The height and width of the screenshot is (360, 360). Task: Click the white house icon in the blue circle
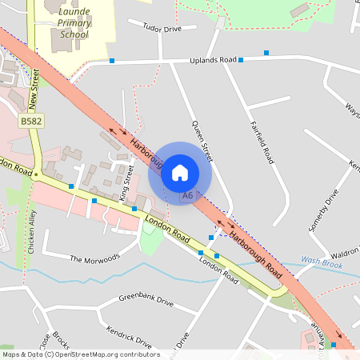pyautogui.click(x=180, y=172)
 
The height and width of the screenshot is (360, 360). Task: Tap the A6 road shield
pyautogui.click(x=187, y=195)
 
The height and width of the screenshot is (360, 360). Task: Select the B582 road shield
pyautogui.click(x=30, y=121)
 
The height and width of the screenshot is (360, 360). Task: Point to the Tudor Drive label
pyautogui.click(x=162, y=29)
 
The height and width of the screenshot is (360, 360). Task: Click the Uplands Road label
pyautogui.click(x=214, y=60)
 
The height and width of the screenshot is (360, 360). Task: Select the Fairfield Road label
pyautogui.click(x=262, y=141)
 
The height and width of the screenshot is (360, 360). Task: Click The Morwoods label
pyautogui.click(x=94, y=258)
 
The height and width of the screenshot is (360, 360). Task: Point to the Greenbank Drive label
pyautogui.click(x=146, y=301)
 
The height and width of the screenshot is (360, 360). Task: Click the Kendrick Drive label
pyautogui.click(x=129, y=337)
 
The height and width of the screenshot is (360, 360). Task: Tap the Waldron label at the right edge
pyautogui.click(x=345, y=250)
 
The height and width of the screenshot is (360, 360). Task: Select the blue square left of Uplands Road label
pyautogui.click(x=113, y=61)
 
